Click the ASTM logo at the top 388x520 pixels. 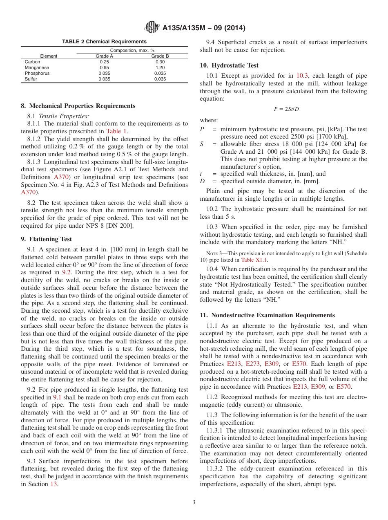(x=152, y=28)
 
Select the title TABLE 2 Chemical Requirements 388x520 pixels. (x=104, y=41)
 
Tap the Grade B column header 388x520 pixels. (x=160, y=56)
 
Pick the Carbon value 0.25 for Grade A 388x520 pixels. (x=104, y=62)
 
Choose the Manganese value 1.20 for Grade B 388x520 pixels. (x=160, y=67)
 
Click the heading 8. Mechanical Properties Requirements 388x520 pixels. (x=78, y=106)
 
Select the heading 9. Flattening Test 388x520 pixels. (x=46, y=239)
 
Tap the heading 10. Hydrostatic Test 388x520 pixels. (x=229, y=65)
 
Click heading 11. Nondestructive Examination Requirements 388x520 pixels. (x=267, y=315)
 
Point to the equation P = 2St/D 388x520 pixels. (x=286, y=109)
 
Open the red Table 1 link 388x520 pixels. (x=116, y=131)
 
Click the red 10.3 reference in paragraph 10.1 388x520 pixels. (x=302, y=76)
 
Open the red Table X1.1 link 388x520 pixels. (x=254, y=260)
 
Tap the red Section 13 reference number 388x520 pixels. (x=54, y=484)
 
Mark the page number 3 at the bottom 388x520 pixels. (x=194, y=502)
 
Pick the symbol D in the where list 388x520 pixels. (x=202, y=181)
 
